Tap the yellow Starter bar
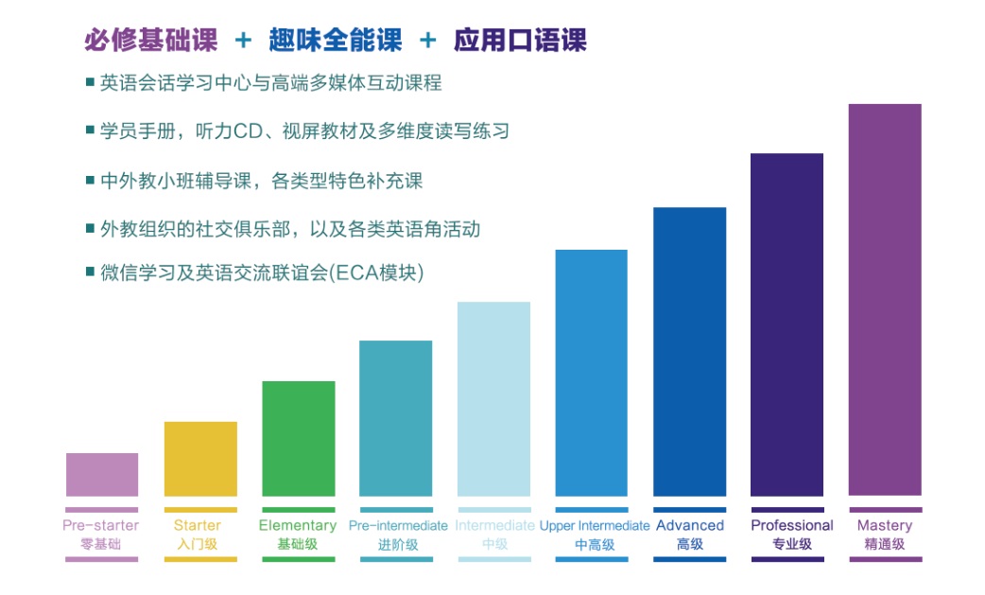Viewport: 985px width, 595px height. tap(200, 459)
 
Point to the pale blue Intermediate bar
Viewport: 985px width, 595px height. tap(493, 398)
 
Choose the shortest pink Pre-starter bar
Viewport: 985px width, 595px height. tap(102, 475)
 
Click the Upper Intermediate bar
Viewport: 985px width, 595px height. tap(591, 373)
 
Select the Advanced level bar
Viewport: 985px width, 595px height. tap(689, 351)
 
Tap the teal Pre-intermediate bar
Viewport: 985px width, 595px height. tap(395, 418)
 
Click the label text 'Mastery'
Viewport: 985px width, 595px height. tap(884, 526)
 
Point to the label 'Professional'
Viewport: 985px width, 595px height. tap(791, 526)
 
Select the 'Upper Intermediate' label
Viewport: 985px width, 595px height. tap(594, 526)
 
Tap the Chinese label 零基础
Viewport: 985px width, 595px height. tap(101, 544)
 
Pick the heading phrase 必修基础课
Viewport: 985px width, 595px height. tap(150, 40)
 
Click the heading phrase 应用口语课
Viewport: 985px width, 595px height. tap(520, 40)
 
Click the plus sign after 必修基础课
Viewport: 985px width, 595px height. tap(244, 40)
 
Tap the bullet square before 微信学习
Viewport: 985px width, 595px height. tap(90, 272)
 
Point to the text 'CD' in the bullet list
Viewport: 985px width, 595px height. tap(245, 131)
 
